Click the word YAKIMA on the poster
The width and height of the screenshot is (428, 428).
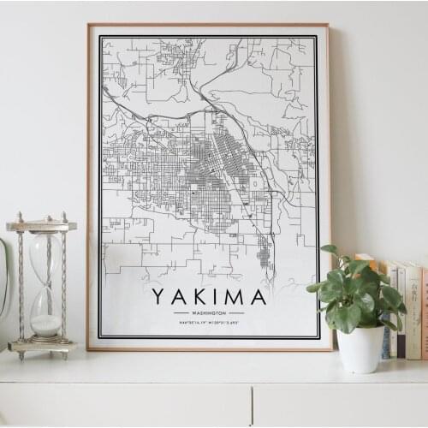tap(209, 296)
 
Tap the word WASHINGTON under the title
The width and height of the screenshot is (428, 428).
tap(209, 313)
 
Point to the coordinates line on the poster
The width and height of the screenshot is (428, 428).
tap(209, 322)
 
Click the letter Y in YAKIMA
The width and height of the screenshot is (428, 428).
tap(159, 296)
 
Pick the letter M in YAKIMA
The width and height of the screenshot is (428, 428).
tap(233, 296)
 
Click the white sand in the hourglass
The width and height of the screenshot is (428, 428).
tap(46, 324)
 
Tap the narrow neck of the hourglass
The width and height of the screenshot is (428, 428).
tap(45, 286)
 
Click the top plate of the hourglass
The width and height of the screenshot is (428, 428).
tap(41, 226)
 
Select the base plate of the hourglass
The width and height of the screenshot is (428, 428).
tap(42, 346)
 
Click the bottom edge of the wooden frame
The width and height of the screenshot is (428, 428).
tap(209, 348)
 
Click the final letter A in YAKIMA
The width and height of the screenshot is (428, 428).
tap(258, 296)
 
